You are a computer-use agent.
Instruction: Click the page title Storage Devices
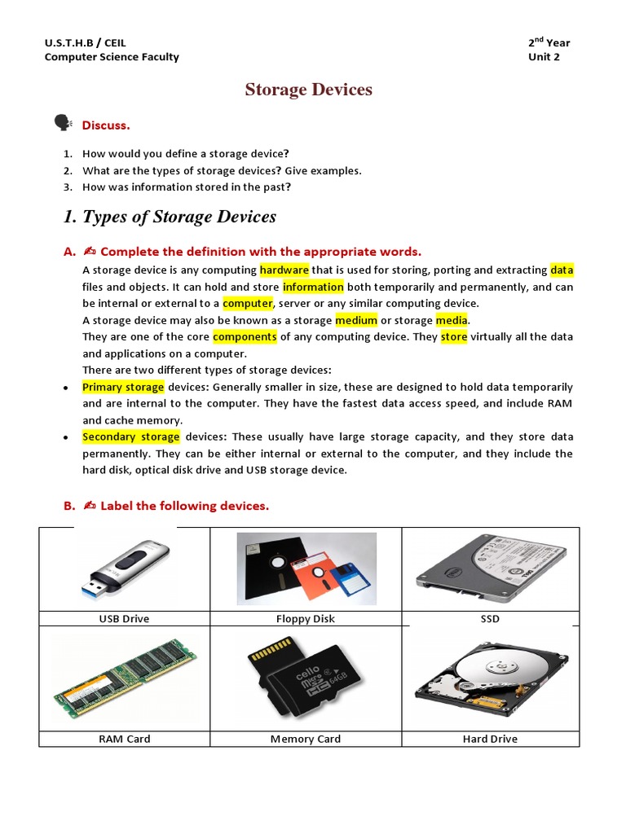coord(308,90)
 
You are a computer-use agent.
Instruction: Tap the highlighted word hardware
coord(284,270)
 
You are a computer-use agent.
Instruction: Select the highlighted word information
coord(313,287)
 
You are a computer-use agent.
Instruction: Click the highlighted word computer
coord(247,303)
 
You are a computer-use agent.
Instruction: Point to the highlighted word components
coord(245,336)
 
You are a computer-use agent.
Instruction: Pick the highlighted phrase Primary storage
coord(123,387)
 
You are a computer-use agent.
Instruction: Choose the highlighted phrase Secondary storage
coord(130,437)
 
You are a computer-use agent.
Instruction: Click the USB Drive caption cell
coord(124,619)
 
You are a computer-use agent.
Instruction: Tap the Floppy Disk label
coord(306,619)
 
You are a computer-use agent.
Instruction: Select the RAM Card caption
coord(124,739)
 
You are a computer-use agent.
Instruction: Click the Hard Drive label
coord(489,739)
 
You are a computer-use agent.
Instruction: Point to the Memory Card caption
coord(306,739)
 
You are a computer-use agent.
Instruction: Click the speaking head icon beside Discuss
coord(62,123)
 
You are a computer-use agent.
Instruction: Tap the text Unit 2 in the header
coord(544,57)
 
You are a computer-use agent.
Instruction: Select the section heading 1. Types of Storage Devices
coord(170,217)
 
